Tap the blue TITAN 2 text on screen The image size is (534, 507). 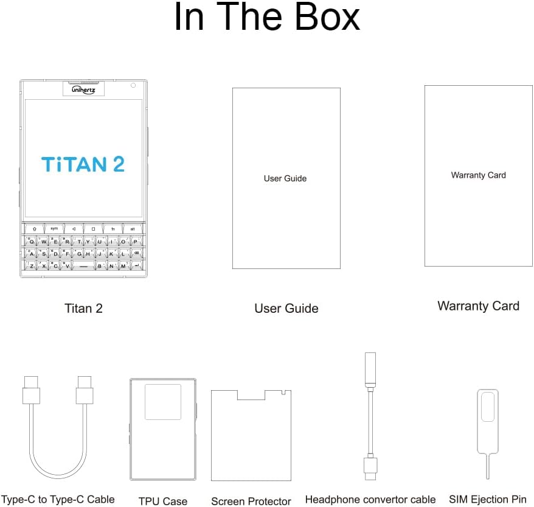point(83,164)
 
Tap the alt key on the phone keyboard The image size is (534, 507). point(133,229)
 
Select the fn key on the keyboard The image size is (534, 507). point(113,229)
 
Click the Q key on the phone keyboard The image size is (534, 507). point(32,241)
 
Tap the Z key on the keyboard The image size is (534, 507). point(32,265)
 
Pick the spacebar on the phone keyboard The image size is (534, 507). point(83,266)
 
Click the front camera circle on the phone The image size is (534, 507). point(133,85)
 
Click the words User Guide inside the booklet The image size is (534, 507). point(285,178)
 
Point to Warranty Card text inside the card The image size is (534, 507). point(478,175)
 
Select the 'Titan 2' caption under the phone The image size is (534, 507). point(83,308)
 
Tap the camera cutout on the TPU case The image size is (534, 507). point(162,402)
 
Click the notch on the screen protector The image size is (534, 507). point(251,395)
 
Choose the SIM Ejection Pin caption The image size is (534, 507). point(488,499)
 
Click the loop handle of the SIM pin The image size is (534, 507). point(487,407)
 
